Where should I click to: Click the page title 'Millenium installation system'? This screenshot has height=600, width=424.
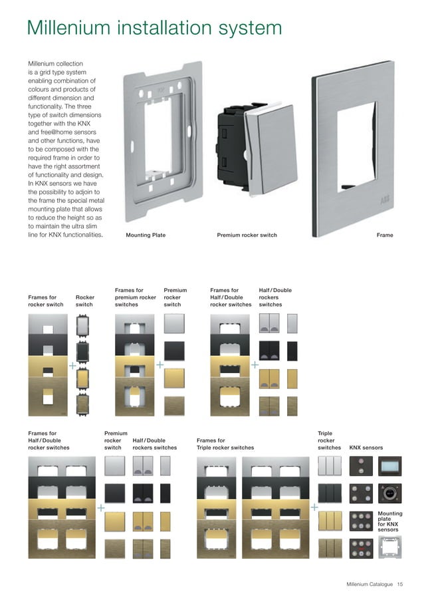154,29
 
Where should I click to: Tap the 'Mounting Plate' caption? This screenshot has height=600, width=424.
146,235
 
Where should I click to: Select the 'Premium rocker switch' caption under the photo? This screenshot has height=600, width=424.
247,235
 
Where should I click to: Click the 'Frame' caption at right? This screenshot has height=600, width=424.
385,235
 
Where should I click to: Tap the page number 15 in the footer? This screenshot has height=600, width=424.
400,584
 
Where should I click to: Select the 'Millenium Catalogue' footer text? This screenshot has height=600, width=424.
370,584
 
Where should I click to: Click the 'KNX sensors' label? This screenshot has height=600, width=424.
366,448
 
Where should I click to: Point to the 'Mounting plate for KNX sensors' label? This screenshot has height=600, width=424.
389,522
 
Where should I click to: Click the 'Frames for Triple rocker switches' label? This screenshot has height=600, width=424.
225,444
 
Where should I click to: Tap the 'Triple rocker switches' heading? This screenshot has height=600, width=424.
329,440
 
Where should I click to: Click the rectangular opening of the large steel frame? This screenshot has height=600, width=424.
361,142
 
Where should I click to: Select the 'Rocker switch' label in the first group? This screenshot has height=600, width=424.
84,301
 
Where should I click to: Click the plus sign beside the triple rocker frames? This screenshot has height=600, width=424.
314,508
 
